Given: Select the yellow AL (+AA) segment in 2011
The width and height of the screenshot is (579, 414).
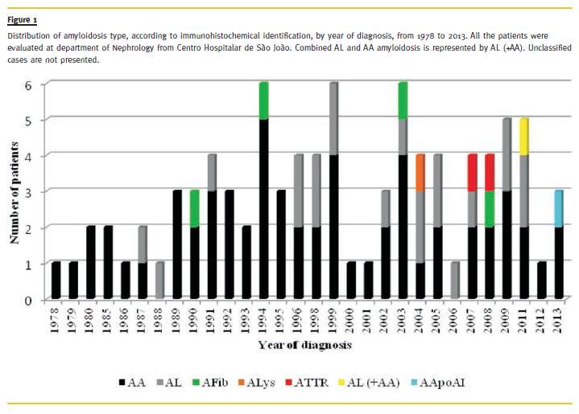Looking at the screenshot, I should [x=524, y=137].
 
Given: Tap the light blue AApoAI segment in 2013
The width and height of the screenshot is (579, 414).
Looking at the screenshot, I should [x=559, y=209].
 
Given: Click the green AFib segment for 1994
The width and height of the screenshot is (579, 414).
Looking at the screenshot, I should [x=263, y=100].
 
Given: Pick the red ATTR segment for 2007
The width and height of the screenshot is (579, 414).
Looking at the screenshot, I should [x=472, y=173].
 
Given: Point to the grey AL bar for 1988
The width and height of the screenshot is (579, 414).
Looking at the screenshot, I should [x=159, y=281].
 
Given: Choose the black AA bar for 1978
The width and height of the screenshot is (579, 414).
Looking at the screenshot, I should [x=56, y=281].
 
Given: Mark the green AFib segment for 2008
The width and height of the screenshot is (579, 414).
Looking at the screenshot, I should [x=490, y=209].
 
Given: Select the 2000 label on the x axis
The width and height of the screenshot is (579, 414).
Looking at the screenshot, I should [x=352, y=318].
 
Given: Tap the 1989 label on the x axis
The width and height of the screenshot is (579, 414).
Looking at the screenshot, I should [x=177, y=318].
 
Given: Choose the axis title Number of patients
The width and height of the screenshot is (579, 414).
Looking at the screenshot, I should [x=14, y=191].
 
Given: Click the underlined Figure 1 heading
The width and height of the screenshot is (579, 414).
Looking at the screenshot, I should [x=23, y=18].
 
